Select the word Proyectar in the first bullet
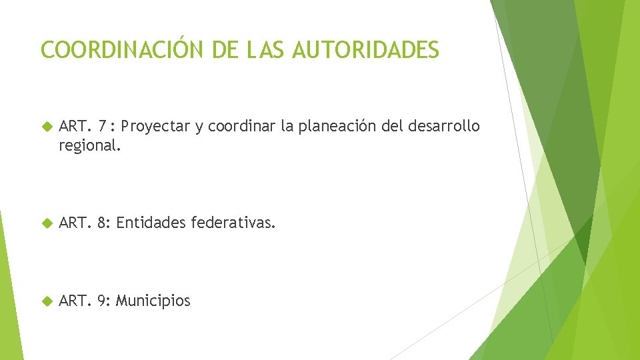pos(157,127)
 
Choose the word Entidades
pos(151,223)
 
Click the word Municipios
pos(153,301)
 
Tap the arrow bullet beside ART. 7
pos(47,127)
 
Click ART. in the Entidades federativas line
pos(75,223)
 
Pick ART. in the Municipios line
pos(75,301)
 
